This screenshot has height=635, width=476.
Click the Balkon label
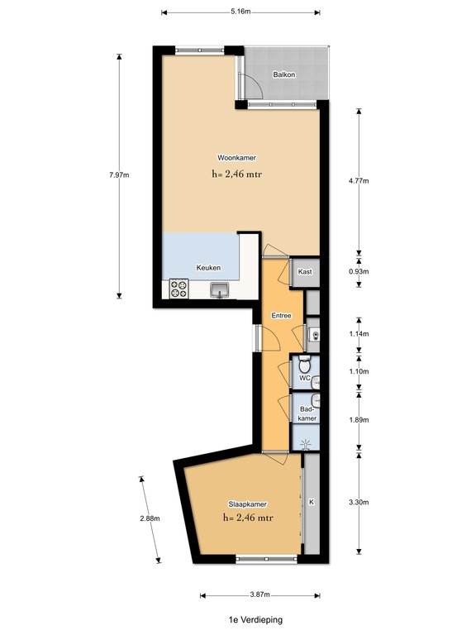[283, 74]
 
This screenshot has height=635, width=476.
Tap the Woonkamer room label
[237, 158]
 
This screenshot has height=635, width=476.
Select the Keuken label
[208, 268]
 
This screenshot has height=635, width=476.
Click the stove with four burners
[178, 289]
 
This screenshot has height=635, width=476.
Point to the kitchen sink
[219, 290]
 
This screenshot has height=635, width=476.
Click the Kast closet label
[305, 272]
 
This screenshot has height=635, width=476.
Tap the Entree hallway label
[281, 316]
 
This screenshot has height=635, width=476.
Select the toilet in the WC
[304, 365]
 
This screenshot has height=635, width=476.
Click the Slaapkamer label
[248, 504]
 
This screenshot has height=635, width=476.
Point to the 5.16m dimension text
[240, 12]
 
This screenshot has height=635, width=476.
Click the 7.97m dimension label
[119, 175]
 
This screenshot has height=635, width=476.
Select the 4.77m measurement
[359, 181]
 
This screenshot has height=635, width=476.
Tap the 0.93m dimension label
[359, 271]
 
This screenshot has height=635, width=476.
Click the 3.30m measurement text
[359, 502]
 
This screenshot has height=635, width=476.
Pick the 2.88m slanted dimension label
[150, 518]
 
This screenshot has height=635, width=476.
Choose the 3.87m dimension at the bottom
[259, 594]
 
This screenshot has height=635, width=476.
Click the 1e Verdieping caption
[255, 619]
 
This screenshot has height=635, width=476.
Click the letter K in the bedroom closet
[312, 502]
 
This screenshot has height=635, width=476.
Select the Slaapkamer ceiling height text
[248, 518]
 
